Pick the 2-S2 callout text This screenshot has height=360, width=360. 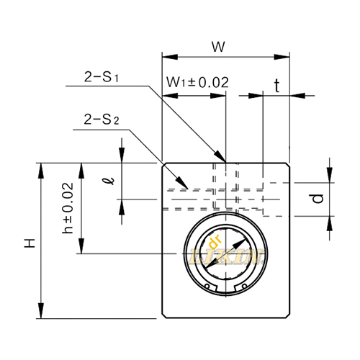coord(102,117)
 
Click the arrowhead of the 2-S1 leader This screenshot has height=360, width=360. coord(220,158)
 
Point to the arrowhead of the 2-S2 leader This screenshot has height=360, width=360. coord(186,189)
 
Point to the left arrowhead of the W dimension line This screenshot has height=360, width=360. coord(166,56)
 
